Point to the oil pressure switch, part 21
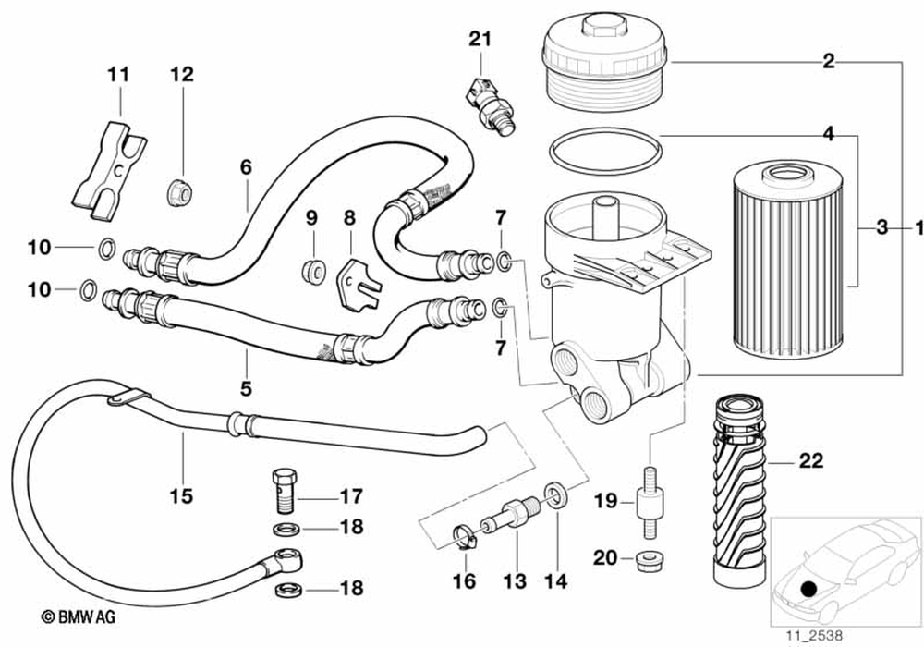(488, 104)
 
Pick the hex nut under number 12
(181, 192)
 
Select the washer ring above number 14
(557, 493)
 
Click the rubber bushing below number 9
(312, 269)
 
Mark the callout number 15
(182, 495)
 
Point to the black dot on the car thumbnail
(809, 588)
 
